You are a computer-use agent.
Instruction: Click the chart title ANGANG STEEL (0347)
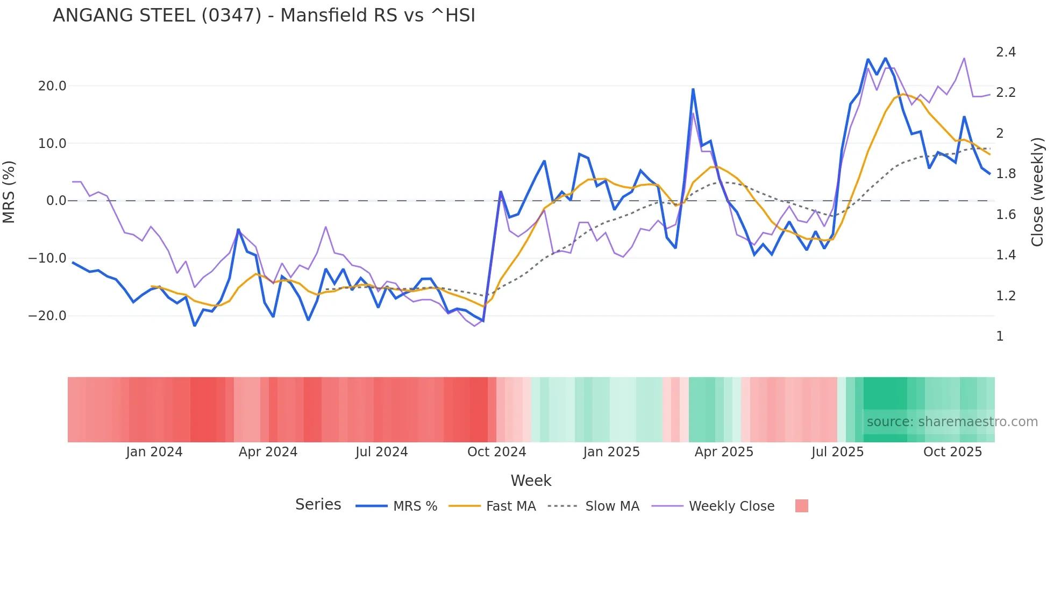click(263, 16)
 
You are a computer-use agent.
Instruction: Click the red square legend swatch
click(801, 506)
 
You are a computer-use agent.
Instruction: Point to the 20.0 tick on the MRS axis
click(52, 86)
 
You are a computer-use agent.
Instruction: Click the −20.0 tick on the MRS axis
click(47, 316)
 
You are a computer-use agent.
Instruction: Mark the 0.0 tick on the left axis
click(56, 201)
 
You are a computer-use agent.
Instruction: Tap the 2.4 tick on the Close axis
click(1006, 52)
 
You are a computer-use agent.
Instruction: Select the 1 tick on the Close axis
click(1000, 336)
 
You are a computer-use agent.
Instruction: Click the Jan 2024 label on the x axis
click(154, 452)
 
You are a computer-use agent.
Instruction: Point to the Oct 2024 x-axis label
click(496, 452)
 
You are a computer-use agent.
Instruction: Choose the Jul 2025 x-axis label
click(837, 452)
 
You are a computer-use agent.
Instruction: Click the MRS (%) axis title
click(9, 192)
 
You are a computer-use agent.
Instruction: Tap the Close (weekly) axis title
click(1037, 192)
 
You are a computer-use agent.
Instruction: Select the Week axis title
click(531, 481)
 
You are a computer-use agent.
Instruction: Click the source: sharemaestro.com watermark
click(952, 422)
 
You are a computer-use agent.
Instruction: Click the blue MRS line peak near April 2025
click(693, 89)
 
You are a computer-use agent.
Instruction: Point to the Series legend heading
click(318, 505)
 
